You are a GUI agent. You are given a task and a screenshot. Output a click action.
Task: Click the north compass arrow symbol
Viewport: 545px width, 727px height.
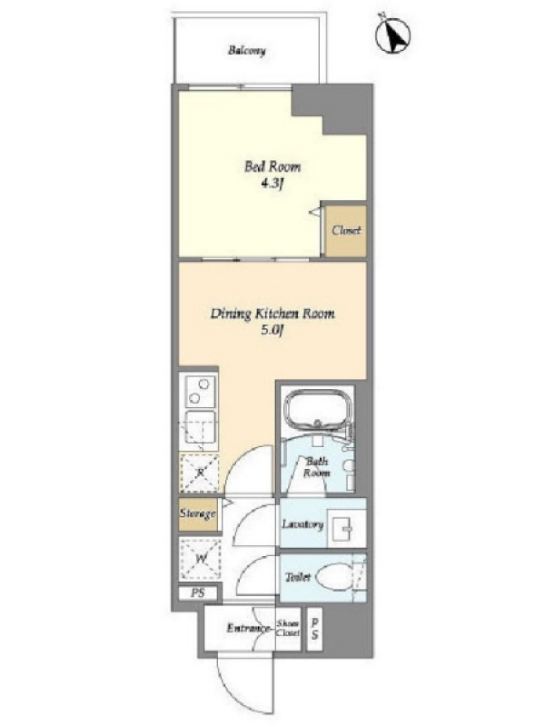[x=393, y=34]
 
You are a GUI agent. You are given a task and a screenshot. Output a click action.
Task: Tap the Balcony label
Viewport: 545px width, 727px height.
[x=246, y=50]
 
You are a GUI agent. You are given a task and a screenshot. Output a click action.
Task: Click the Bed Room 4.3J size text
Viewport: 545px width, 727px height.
[x=272, y=184]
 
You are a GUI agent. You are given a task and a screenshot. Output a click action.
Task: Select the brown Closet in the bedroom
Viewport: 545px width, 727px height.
[x=346, y=231]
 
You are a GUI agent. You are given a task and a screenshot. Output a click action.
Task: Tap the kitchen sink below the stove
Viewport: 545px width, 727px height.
[x=200, y=430]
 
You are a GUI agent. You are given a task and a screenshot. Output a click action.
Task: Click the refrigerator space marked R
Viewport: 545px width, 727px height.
[x=199, y=473]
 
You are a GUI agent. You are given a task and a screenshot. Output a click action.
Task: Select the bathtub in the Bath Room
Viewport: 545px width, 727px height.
[x=316, y=412]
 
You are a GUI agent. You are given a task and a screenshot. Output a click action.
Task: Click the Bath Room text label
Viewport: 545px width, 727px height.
[x=317, y=467]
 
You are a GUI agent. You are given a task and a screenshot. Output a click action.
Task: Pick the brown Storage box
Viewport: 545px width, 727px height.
[x=198, y=513]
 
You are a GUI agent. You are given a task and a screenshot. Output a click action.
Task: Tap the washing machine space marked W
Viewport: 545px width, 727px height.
[x=201, y=559]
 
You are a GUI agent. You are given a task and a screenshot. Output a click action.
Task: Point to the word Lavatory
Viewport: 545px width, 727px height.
[x=302, y=524]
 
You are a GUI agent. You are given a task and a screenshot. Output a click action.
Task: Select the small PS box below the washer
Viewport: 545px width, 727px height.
[x=198, y=593]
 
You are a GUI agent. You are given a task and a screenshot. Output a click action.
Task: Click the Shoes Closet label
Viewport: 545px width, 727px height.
[x=288, y=628]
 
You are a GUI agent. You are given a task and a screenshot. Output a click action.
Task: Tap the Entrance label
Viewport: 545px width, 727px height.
[x=248, y=629]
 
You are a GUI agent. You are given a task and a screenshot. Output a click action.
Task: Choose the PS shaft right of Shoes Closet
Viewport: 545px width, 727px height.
[x=314, y=629]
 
